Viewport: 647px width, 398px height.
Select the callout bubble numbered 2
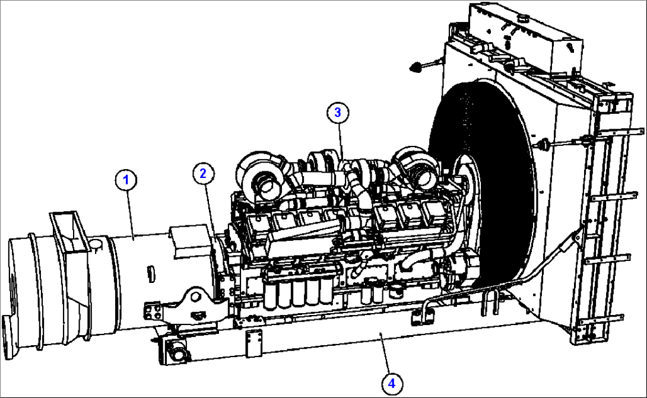pos(203,173)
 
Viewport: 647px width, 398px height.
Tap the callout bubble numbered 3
pos(337,112)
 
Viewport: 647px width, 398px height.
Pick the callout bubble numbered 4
pos(391,384)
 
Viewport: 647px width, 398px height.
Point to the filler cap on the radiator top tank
pos(524,20)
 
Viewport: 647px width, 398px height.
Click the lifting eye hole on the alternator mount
pos(196,295)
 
